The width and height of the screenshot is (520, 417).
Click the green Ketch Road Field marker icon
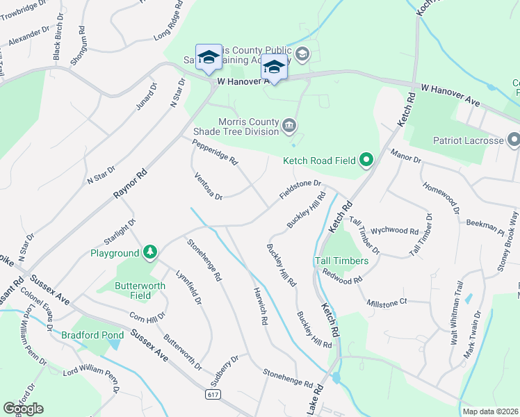(x=366, y=161)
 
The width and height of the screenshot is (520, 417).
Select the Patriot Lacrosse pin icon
(x=514, y=140)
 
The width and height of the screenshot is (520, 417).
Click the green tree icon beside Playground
(x=149, y=253)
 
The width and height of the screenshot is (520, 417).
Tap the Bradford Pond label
(x=86, y=334)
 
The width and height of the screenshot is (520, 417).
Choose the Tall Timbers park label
(x=341, y=261)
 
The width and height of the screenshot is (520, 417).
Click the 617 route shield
(x=213, y=394)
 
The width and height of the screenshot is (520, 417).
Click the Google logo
(x=23, y=408)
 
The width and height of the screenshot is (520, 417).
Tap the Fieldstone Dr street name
(x=301, y=189)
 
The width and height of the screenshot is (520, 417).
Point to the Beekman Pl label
(x=487, y=224)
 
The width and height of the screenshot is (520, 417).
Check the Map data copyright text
(x=490, y=411)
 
